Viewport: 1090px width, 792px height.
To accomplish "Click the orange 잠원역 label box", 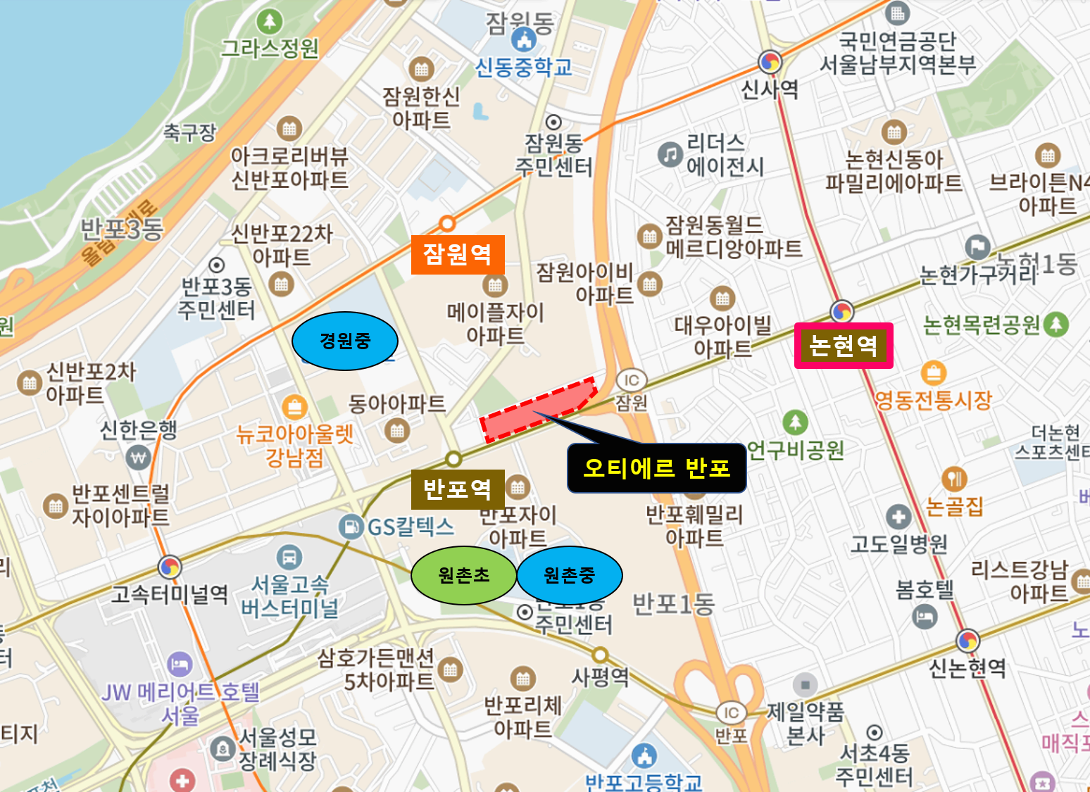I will (458, 254).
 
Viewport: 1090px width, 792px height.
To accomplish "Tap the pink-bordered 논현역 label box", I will (844, 346).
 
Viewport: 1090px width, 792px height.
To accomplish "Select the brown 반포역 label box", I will (458, 489).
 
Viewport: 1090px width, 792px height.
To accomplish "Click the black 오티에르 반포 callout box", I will (656, 468).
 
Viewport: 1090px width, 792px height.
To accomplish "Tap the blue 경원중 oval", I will (345, 341).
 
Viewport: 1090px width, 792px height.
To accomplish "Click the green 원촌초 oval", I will (463, 575).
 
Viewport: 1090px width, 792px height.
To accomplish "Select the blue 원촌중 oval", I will (570, 575).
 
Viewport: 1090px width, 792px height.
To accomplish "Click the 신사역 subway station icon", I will (770, 62).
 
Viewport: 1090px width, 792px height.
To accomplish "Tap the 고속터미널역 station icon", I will (170, 567).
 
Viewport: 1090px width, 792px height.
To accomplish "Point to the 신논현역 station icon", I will (968, 641).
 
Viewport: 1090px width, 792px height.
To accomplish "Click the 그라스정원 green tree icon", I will (270, 22).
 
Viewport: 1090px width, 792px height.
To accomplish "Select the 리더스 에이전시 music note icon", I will (670, 154).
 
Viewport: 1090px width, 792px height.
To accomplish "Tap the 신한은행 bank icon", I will (138, 458).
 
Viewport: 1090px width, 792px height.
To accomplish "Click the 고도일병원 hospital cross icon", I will (898, 516).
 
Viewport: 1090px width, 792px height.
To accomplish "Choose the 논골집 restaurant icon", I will (954, 479).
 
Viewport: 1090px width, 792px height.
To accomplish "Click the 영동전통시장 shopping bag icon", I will (933, 372).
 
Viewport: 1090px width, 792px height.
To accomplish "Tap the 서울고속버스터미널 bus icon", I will (289, 558).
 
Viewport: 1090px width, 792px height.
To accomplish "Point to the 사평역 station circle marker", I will (600, 655).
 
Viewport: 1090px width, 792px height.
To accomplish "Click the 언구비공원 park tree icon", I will (795, 422).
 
